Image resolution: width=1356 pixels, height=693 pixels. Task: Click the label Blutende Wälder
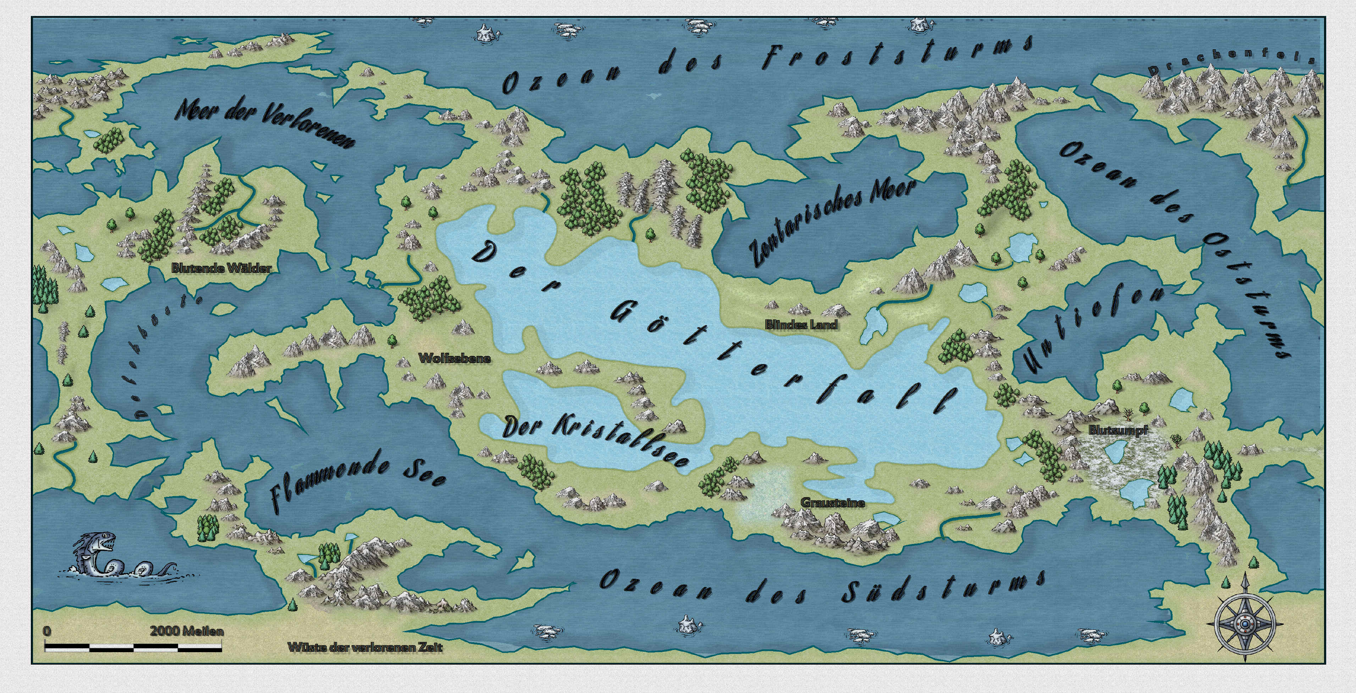click(x=221, y=268)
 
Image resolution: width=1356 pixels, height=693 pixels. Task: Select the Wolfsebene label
click(x=454, y=358)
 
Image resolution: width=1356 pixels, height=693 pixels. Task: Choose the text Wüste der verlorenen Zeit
click(x=365, y=647)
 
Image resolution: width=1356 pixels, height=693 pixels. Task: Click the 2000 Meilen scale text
click(x=187, y=631)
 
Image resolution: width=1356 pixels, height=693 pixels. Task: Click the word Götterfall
click(x=779, y=358)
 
